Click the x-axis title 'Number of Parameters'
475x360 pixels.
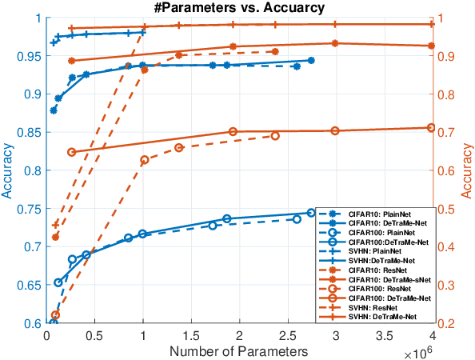(239, 350)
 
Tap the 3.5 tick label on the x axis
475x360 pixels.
(383, 334)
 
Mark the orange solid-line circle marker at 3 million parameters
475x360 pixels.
(335, 131)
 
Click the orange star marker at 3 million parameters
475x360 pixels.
(335, 43)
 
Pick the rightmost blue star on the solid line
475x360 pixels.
(311, 60)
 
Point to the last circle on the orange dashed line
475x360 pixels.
(275, 136)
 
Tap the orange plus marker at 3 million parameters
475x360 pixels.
(335, 24)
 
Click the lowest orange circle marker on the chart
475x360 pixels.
(55, 315)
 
